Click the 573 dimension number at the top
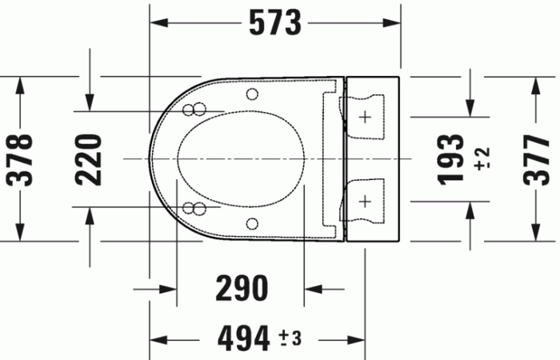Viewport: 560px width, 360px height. (274, 23)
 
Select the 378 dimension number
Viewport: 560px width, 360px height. (20, 158)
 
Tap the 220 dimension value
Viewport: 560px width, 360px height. (90, 158)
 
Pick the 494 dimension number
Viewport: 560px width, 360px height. (243, 339)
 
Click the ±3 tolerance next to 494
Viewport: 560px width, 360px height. (289, 339)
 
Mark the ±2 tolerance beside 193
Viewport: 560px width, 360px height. (482, 159)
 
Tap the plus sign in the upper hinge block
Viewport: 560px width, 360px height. (366, 118)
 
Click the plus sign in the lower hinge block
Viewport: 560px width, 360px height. (366, 198)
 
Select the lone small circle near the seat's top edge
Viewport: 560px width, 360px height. (253, 94)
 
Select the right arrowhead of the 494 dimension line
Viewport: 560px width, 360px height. (359, 338)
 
